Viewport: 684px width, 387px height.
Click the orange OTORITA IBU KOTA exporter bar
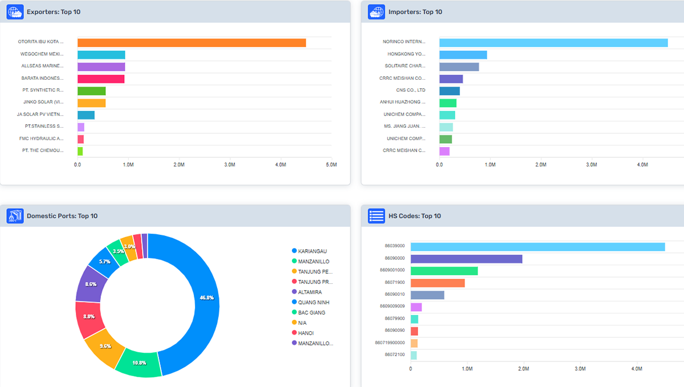[x=192, y=43]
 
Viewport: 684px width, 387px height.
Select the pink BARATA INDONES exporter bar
[x=101, y=79]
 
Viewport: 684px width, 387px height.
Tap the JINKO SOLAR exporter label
[x=43, y=102]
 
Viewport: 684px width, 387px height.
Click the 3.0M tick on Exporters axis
[x=230, y=164]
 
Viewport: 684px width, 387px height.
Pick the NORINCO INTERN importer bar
[x=553, y=43]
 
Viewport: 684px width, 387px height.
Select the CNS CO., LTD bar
[x=449, y=91]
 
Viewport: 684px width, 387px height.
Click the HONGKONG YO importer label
[x=406, y=55]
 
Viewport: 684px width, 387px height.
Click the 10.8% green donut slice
[x=139, y=362]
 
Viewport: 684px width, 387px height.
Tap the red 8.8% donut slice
[x=90, y=317]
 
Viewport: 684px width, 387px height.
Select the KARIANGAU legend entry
[x=312, y=251]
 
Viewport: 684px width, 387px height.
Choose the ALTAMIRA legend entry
[x=310, y=292]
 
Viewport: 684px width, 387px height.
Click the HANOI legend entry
[x=306, y=333]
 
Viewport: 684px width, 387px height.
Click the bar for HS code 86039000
[x=538, y=247]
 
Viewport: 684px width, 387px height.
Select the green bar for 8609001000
[x=444, y=271]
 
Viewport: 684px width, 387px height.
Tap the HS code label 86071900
[x=394, y=283]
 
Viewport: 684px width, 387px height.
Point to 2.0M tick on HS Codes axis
[x=523, y=369]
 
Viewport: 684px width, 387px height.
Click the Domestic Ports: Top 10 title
[x=62, y=216]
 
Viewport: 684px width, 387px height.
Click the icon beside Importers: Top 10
[x=377, y=12]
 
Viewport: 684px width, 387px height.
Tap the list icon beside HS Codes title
[x=377, y=216]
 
